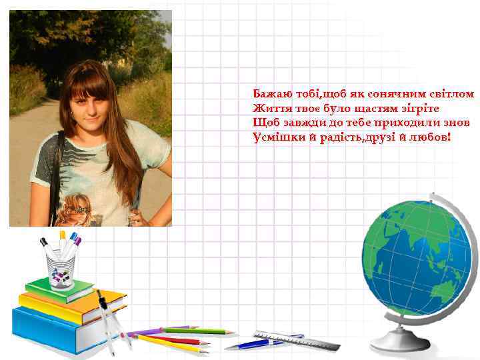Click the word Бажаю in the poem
(269, 94)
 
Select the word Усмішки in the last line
(274, 137)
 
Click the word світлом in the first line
(452, 94)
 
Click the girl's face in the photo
(91, 107)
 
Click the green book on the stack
(60, 289)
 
